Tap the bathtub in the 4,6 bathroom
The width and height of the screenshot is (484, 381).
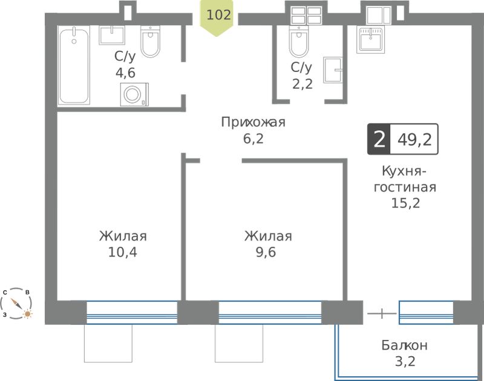74,65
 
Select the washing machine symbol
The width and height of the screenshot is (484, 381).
134,94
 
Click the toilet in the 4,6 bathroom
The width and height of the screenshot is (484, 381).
150,42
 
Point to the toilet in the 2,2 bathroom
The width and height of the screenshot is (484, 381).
298,42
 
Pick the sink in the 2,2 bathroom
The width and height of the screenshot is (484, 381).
333,70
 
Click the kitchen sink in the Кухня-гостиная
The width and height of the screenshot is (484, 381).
371,40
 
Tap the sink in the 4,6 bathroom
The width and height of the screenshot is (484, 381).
112,35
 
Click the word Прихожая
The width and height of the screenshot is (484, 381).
253,123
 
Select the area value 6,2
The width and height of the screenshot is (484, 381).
253,139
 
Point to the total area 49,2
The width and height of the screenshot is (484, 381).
414,140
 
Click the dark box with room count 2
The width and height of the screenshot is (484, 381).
379,139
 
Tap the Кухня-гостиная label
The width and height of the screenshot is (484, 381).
405,179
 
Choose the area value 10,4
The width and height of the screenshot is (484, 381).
123,252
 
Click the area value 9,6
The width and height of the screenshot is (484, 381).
266,252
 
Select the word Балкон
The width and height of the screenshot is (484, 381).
404,345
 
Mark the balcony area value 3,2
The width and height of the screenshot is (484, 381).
405,361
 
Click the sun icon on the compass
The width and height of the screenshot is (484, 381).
28,314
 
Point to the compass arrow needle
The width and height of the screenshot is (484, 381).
16,304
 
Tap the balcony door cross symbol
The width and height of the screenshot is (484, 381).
382,313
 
